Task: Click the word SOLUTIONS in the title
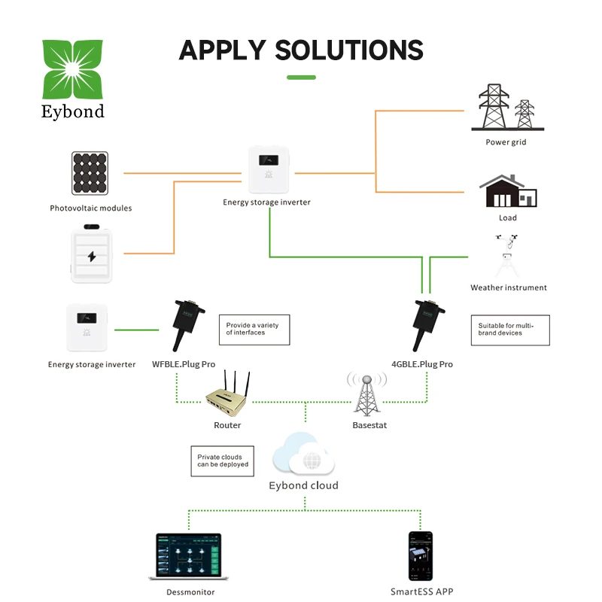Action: (349, 50)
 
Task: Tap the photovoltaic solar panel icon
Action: (90, 175)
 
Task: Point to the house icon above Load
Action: (508, 192)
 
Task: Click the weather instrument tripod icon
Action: (508, 257)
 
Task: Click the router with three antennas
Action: (227, 395)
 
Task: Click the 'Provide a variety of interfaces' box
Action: (254, 329)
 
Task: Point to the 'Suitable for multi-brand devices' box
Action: (509, 330)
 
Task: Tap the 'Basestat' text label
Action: (370, 426)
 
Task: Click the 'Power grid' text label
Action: (506, 141)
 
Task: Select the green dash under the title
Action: (301, 77)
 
